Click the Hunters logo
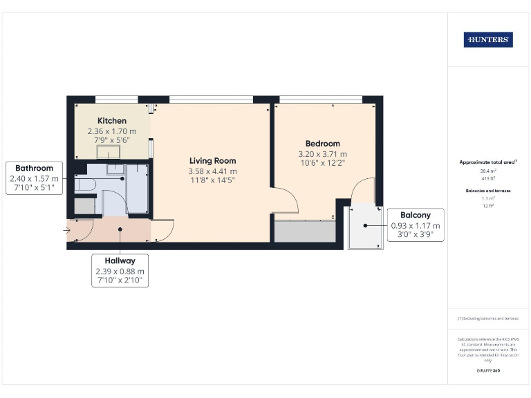coord(488,40)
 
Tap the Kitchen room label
coord(111,120)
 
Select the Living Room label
coord(212,160)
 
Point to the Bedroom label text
coord(322,144)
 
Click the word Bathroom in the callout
coord(35,168)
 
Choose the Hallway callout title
coord(120,260)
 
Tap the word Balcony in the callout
coord(416,215)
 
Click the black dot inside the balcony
coord(366,226)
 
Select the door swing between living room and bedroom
coord(286,201)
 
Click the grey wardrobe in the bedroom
coord(304,231)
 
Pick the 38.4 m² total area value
coord(488,170)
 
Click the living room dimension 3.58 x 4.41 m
coord(212,171)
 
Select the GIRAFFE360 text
coord(488,371)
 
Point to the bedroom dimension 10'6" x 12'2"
coord(322,163)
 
